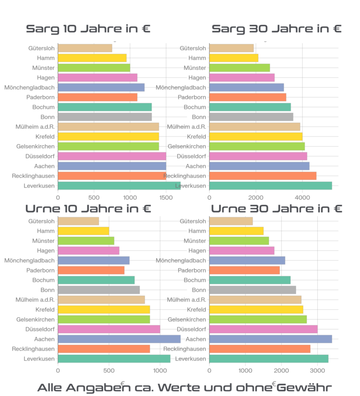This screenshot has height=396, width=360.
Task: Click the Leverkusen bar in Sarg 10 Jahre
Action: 119,186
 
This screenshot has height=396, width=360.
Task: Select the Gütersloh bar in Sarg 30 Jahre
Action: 231,48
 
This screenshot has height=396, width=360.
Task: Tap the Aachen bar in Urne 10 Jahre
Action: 119,339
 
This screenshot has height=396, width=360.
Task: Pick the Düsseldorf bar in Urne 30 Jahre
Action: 263,329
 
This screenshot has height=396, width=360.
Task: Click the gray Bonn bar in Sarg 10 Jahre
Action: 105,117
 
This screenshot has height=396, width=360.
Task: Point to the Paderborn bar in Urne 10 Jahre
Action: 91,270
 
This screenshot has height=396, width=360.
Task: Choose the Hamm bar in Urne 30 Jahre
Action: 236,231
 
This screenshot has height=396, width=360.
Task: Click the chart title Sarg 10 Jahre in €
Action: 88,29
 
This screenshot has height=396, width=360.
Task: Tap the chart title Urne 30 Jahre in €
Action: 277,209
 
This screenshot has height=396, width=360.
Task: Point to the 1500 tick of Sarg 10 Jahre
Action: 166,198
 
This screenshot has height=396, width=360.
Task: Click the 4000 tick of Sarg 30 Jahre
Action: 302,198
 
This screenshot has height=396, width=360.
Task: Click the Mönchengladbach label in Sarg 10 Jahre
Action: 30,88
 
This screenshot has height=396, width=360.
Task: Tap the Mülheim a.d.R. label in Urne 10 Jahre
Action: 35,300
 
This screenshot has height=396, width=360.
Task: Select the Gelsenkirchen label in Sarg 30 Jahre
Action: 187,147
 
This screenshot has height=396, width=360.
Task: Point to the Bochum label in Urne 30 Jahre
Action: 195,280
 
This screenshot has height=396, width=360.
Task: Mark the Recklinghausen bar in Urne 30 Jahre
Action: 260,349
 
